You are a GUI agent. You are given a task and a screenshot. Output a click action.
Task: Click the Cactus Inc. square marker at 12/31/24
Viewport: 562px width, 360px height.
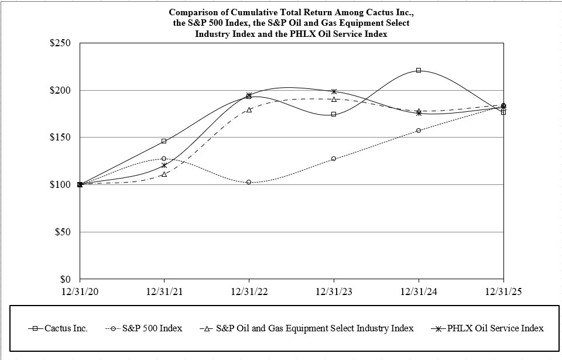pos(419,70)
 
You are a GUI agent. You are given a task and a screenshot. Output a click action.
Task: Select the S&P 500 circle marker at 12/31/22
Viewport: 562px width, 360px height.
pos(249,182)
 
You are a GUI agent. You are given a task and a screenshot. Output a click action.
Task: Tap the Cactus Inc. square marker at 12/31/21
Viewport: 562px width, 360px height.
pos(165,141)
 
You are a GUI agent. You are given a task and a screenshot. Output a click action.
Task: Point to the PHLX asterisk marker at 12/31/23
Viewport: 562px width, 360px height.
pos(334,91)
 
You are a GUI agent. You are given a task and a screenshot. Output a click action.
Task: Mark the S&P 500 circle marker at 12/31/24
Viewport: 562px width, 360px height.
pos(419,130)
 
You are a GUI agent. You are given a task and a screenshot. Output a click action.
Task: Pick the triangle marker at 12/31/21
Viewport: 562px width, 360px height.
pos(165,174)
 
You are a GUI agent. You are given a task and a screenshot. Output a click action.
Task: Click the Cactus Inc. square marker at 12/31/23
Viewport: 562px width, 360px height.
pos(334,114)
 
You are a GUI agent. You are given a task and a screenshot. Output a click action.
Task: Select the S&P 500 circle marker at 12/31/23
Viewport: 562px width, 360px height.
pos(334,159)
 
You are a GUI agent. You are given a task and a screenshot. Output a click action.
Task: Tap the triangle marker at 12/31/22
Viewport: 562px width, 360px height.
pos(249,109)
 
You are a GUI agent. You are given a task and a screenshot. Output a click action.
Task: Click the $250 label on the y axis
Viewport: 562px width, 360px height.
pos(60,43)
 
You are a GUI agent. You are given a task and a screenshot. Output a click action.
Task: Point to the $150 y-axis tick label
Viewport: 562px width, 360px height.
pos(60,138)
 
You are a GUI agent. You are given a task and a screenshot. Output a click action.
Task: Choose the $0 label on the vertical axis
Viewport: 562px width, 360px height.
pos(65,279)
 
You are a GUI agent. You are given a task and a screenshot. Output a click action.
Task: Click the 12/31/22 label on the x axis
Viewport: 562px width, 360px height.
pos(249,291)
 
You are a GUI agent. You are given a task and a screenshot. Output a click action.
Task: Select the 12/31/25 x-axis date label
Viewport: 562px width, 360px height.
pos(503,291)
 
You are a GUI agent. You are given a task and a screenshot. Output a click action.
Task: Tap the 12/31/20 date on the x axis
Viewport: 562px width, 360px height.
pos(80,291)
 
